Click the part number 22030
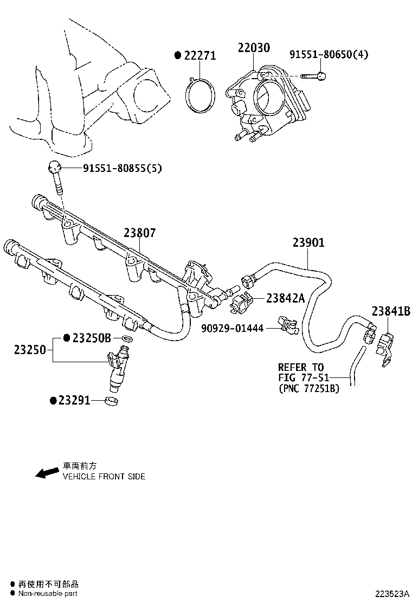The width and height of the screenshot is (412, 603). click(253, 48)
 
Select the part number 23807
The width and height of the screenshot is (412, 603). click(139, 233)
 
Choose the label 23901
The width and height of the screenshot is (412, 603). click(308, 243)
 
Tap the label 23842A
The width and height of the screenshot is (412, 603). click(285, 298)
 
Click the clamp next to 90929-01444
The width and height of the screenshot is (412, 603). click(287, 323)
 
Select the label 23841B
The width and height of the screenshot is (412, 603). click(390, 311)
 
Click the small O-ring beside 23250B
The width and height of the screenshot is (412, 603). click(126, 339)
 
